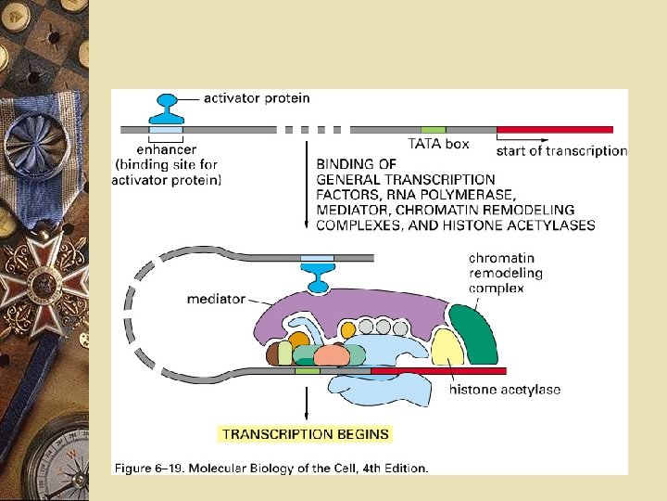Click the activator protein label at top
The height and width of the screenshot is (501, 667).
tap(257, 97)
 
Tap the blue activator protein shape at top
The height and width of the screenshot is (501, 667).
tap(168, 109)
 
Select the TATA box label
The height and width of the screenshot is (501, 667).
tap(438, 144)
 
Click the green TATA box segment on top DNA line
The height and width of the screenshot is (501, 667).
tap(433, 129)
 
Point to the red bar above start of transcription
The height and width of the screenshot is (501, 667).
tap(555, 129)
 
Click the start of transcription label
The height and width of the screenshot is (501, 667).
tap(561, 150)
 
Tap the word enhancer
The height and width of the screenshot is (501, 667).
tap(166, 148)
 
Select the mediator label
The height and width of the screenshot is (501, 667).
tap(216, 299)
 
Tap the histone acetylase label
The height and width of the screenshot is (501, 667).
tap(505, 390)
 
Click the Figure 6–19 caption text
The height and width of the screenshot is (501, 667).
tap(271, 469)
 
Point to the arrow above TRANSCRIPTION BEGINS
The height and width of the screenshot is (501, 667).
tap(307, 401)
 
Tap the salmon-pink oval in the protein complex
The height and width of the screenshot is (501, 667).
tap(330, 357)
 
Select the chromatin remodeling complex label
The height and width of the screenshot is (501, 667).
tap(505, 273)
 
